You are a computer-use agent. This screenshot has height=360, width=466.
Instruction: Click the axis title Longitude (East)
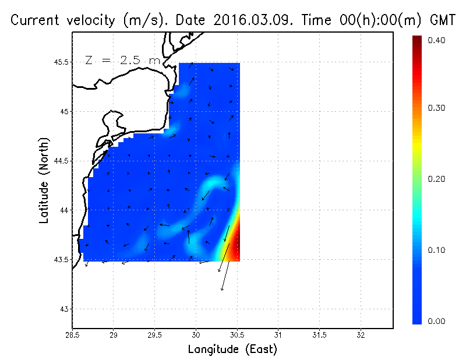pos(232,350)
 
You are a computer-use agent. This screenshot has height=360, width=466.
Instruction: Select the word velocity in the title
pos(89,20)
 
